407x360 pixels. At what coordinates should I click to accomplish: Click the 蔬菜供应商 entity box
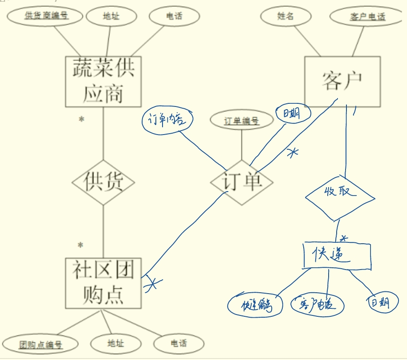coord(103,82)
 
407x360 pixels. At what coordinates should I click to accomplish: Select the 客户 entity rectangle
coord(342,82)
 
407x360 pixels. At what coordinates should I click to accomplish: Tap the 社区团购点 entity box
coord(103,283)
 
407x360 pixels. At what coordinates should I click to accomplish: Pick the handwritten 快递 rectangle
coord(337,256)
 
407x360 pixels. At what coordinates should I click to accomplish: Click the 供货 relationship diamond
coord(103,183)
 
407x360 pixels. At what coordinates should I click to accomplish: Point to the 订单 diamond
coord(242,183)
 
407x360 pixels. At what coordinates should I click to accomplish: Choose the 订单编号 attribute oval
coord(241,121)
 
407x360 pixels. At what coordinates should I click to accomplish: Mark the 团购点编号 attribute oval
coord(40,344)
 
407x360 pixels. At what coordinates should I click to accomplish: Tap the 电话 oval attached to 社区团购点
coord(179,344)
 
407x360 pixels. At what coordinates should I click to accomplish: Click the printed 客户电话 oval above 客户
coord(367,17)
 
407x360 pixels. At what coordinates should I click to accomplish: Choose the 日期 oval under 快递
coord(378,303)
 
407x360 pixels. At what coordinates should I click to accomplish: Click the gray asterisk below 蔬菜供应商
coord(81,119)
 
